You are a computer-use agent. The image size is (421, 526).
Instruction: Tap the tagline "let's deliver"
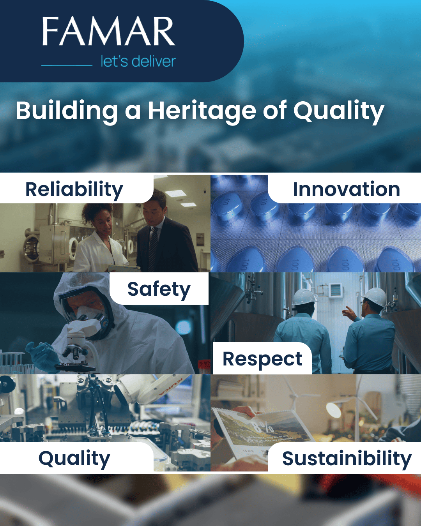point(138,62)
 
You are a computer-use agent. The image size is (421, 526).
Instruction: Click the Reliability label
point(74,190)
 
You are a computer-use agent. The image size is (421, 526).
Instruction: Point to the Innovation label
point(346,190)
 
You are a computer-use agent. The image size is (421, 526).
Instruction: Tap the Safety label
point(159,289)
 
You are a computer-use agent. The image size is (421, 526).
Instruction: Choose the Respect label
point(262,359)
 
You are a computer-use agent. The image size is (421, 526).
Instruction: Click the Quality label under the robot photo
point(74,459)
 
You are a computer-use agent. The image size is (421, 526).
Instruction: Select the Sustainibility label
point(347,459)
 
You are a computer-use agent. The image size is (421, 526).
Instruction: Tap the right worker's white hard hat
point(375,297)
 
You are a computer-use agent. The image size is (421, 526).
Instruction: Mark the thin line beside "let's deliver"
point(67,65)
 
